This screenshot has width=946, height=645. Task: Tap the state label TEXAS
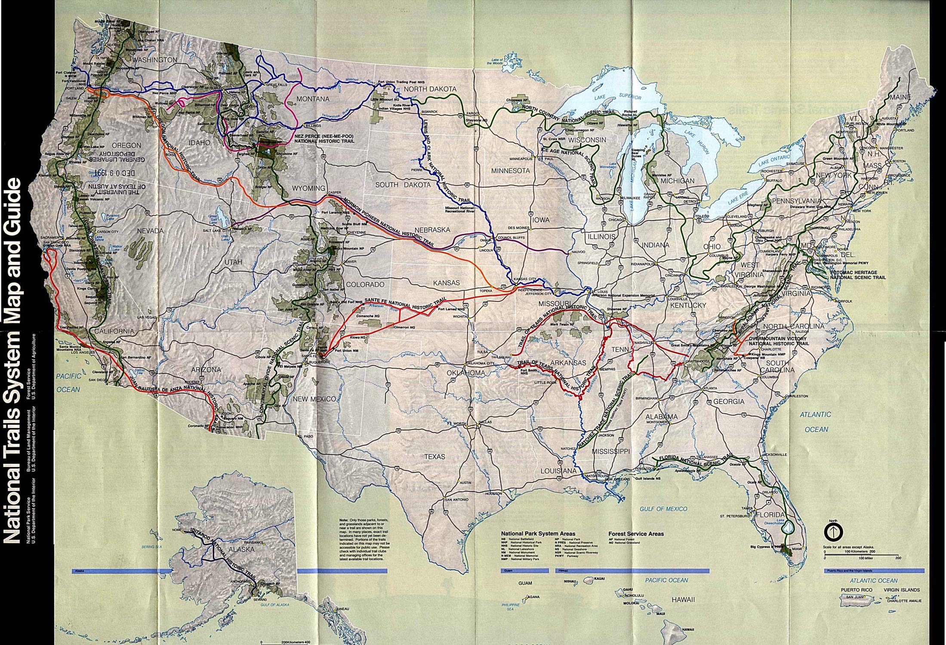434,456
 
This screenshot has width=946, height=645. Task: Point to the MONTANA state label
313,99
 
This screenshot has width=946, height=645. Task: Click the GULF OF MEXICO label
663,509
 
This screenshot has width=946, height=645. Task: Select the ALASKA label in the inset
239,550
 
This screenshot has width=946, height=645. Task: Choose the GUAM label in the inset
525,584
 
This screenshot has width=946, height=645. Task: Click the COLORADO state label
365,284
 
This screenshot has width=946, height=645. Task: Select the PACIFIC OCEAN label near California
68,383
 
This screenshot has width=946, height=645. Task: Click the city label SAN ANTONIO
456,500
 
